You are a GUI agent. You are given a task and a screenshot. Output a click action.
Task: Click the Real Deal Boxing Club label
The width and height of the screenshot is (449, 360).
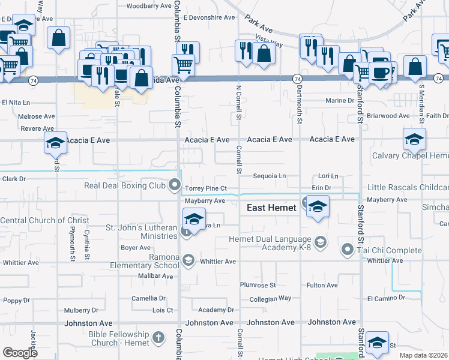124,185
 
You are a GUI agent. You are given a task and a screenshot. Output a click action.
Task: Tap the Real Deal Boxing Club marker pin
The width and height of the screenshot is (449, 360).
175,185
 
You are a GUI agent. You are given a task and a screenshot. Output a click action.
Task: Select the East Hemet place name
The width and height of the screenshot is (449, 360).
272,208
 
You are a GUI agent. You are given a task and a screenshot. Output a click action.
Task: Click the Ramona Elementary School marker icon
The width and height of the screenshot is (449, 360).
188,260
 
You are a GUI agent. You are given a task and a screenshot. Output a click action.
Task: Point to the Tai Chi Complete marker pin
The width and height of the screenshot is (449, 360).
347,248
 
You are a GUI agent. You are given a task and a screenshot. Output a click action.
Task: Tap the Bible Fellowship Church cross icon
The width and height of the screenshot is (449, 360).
158,338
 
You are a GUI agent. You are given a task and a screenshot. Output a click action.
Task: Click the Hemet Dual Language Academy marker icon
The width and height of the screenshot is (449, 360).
321,242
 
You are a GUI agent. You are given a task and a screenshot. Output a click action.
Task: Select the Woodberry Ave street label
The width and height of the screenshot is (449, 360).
149,6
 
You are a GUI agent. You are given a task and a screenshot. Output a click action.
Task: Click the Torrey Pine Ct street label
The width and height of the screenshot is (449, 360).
205,188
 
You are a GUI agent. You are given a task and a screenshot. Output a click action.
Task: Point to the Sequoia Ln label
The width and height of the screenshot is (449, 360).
269,176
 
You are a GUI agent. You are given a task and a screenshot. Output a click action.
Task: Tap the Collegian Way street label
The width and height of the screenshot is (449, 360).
270,298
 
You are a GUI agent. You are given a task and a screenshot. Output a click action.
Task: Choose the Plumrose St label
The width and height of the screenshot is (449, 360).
258,285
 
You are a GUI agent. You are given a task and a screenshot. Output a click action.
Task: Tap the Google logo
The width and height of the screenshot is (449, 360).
20,352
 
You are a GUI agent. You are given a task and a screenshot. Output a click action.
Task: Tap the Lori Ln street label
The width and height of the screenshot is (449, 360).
328,176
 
